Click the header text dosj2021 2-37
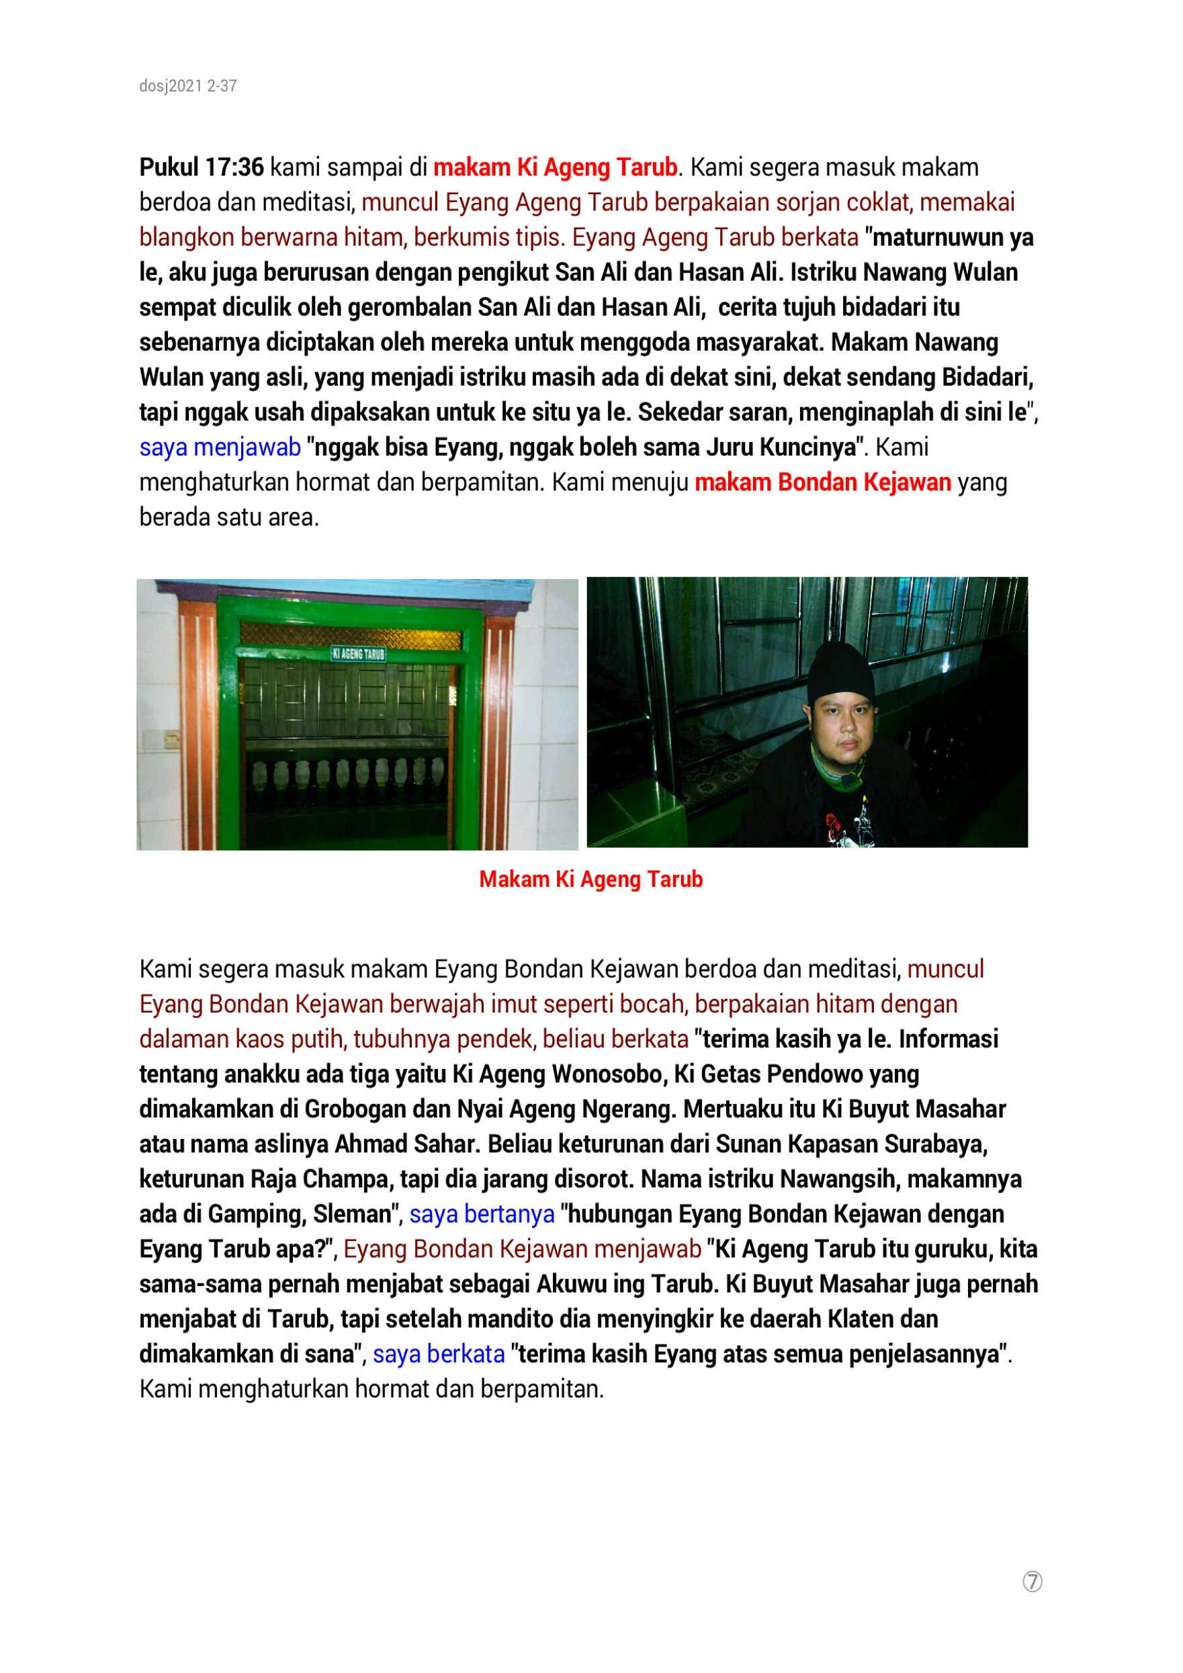(188, 86)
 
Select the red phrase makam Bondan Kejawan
(822, 482)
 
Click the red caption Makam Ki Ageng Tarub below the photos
(590, 880)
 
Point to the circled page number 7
(1033, 1582)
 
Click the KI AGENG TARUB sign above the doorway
(359, 654)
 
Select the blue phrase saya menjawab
(220, 447)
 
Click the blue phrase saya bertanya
(482, 1214)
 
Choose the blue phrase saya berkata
(439, 1354)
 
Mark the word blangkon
(187, 238)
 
